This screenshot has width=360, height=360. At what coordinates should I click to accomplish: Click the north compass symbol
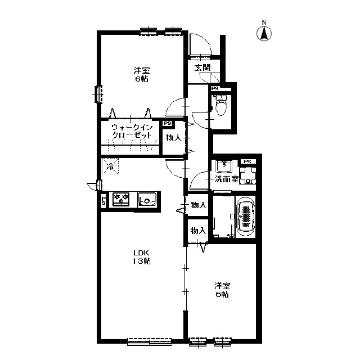point(264,32)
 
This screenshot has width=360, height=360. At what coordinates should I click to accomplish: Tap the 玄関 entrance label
point(202,67)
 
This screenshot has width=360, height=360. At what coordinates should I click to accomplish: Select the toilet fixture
point(221,105)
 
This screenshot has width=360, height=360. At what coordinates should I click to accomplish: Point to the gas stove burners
point(121,199)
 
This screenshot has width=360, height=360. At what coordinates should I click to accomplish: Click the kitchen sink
point(147,199)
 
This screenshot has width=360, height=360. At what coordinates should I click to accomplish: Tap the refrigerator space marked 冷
point(110,166)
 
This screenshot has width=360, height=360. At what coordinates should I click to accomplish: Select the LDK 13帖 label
point(141,257)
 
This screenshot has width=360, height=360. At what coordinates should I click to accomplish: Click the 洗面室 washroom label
point(226,179)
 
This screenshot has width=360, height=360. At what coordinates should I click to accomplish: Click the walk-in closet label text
point(132,131)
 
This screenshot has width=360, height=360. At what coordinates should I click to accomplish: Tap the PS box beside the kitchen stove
point(103,200)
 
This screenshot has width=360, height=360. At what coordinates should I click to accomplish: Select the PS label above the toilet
point(215,88)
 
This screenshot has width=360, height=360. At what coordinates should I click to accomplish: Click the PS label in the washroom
point(247,161)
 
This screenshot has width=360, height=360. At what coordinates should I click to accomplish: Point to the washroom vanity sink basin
point(224,166)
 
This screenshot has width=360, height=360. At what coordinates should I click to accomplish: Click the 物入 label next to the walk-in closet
point(174,138)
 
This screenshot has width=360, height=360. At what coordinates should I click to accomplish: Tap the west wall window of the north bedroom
point(99,94)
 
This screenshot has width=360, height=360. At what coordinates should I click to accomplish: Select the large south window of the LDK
point(150,341)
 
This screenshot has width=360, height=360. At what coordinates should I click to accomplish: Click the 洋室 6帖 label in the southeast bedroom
point(222,290)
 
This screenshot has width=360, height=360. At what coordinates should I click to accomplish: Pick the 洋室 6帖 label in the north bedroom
point(141,74)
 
